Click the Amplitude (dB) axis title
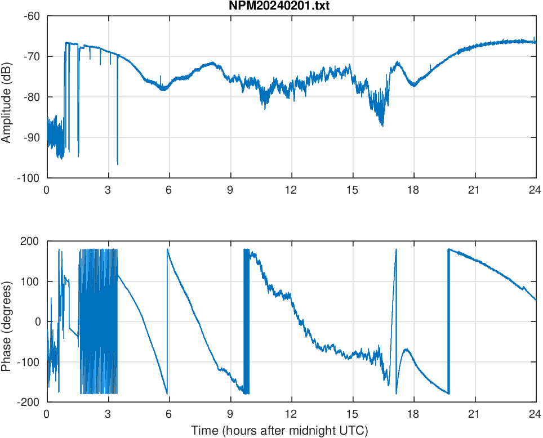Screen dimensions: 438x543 click(7, 97)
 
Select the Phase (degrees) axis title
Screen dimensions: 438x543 click(7, 321)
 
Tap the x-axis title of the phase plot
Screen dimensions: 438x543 click(279, 431)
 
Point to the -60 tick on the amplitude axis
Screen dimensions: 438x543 click(32, 16)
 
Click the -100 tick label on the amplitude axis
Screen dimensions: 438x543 click(29, 178)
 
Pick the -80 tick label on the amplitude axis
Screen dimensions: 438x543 click(32, 97)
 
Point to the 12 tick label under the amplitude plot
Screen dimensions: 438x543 click(291, 190)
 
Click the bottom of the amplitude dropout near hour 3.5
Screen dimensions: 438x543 click(117, 164)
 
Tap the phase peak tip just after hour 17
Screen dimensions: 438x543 click(396, 249)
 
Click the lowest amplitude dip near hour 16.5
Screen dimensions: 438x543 click(383, 126)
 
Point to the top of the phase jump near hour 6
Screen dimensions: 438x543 click(167, 249)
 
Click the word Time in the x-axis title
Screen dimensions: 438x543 click(203, 431)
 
